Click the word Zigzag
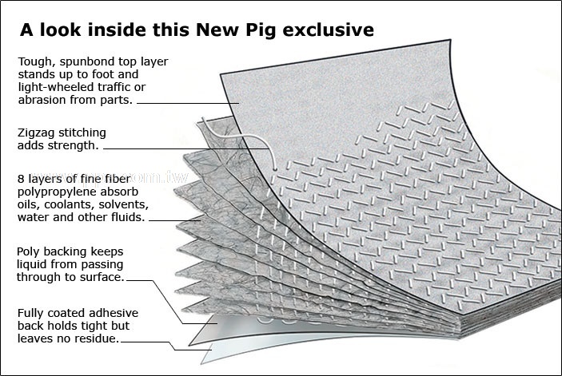tap(37, 133)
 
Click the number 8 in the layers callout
tap(20, 179)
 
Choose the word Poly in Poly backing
tap(30, 252)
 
